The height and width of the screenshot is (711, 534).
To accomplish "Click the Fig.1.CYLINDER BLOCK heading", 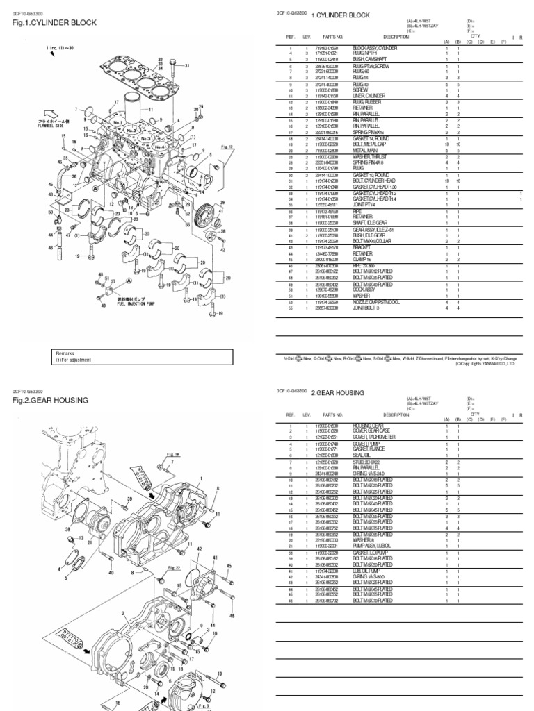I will [54, 23].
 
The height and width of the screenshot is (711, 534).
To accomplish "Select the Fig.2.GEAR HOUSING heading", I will [50, 401].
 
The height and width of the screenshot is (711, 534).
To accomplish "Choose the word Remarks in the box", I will [65, 353].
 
